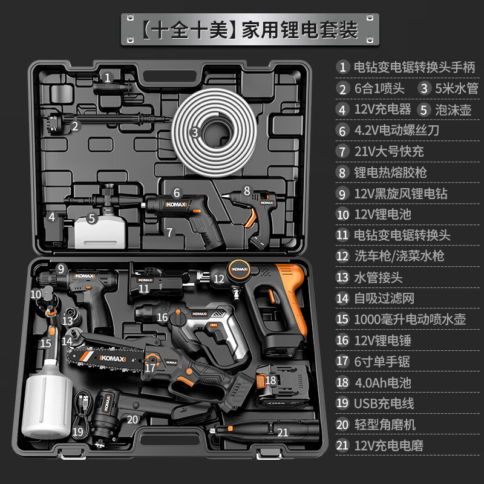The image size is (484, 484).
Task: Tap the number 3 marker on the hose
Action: tap(194, 132)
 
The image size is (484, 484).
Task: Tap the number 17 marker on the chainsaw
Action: tap(150, 366)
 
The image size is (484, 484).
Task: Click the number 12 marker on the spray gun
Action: tap(218, 279)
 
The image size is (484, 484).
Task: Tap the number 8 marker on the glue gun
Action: tap(247, 190)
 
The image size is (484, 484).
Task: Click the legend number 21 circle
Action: tap(343, 445)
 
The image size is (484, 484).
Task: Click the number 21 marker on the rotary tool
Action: tap(283, 432)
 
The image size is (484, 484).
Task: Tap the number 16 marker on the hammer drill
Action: tap(162, 317)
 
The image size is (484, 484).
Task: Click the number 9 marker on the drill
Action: tap(60, 269)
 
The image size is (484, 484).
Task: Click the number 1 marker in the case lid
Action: tap(107, 77)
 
